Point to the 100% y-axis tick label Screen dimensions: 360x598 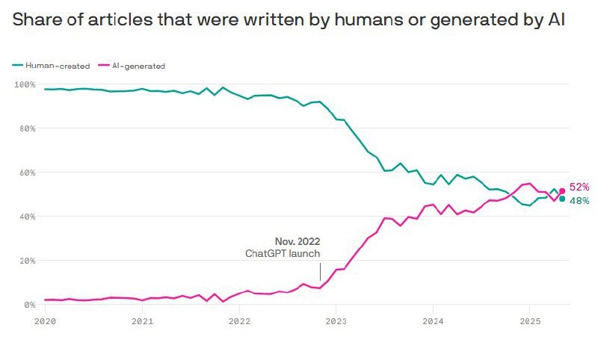point(25,84)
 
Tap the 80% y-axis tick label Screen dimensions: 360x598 point(28,128)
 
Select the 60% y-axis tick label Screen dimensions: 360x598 point(28,173)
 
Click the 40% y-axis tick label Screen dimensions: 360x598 point(28,217)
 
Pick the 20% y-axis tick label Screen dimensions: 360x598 point(28,261)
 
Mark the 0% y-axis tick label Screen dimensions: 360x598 point(30,305)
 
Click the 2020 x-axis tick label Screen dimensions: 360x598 point(46,321)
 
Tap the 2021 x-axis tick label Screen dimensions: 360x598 point(142,321)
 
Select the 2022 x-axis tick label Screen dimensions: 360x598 point(239,321)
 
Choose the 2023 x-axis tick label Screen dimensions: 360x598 point(336,321)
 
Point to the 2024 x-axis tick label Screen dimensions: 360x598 point(432,321)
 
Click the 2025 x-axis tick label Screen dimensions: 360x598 point(529,321)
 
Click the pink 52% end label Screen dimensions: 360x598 point(579,187)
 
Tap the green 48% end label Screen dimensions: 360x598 point(579,201)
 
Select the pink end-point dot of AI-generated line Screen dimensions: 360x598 point(562,191)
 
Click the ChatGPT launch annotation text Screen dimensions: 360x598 point(283,254)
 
